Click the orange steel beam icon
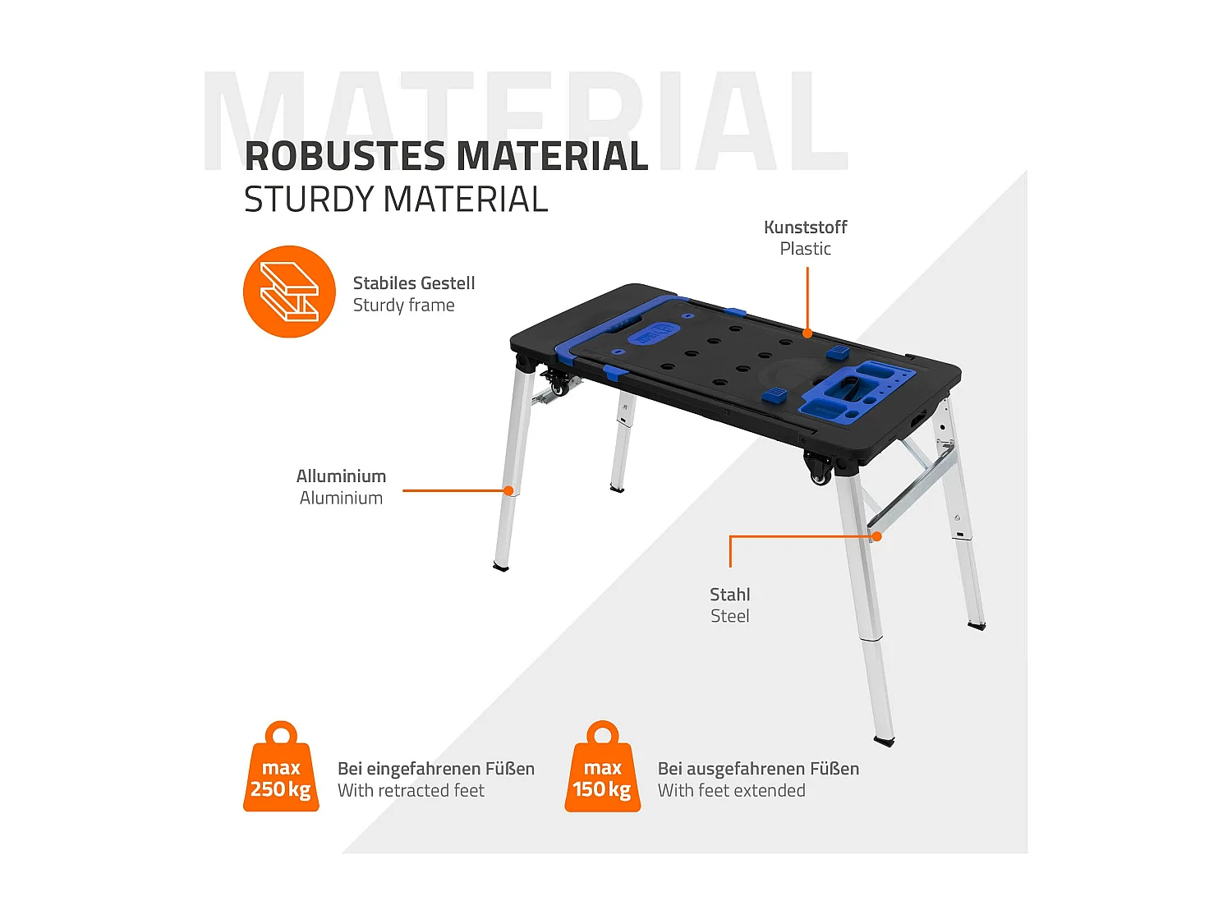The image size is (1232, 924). [x=289, y=292]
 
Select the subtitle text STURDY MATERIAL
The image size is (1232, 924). [x=396, y=200]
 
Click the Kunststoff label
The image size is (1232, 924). [x=805, y=228]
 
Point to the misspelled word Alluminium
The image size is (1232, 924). [x=341, y=476]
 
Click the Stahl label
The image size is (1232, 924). [x=729, y=595]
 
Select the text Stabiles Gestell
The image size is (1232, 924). [x=414, y=283]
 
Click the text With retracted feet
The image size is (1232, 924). [x=411, y=791]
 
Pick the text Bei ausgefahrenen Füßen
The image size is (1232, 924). [x=758, y=769]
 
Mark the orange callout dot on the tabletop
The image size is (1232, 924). [x=807, y=333]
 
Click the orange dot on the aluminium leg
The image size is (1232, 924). [x=508, y=491]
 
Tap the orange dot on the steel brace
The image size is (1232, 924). [x=876, y=536]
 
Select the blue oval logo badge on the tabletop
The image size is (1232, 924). [x=654, y=333]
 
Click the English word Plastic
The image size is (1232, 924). [x=805, y=249]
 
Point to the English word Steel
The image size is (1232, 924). [x=729, y=616]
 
